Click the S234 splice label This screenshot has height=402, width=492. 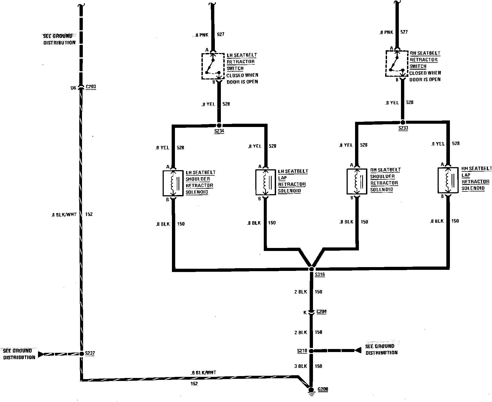point(219,131)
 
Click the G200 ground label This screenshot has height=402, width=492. point(323,389)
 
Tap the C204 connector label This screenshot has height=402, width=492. point(321,312)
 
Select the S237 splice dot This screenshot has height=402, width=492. point(81,354)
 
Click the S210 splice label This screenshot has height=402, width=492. point(302,351)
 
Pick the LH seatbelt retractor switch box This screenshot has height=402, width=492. point(213,66)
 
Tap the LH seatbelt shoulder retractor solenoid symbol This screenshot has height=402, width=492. point(173,183)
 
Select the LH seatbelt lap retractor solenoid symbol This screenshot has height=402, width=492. point(265,182)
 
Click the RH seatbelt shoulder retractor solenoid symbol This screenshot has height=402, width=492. point(357,181)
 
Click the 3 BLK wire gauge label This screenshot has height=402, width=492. point(301,366)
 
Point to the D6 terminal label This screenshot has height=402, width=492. point(73,88)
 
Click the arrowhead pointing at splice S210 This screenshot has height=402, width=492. point(358,350)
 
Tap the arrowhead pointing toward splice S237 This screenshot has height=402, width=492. point(41,354)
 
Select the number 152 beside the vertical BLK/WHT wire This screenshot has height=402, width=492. point(89,214)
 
